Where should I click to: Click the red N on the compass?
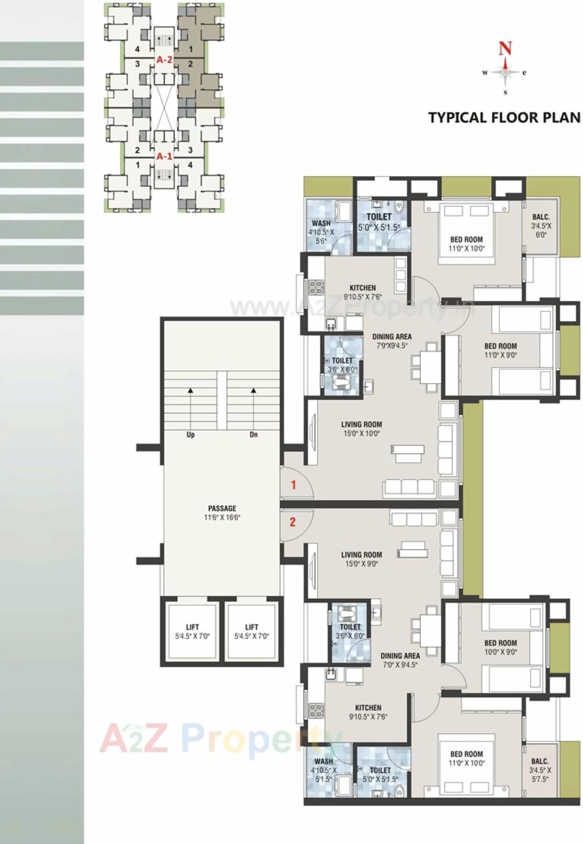click(x=505, y=48)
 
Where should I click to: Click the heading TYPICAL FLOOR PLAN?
click(x=504, y=118)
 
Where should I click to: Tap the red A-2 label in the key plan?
click(x=164, y=60)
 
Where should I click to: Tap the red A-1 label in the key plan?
click(x=164, y=156)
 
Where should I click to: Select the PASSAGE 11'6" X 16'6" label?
click(x=222, y=513)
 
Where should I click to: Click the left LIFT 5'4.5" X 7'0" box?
click(x=192, y=631)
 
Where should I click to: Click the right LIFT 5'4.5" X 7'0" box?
click(x=251, y=631)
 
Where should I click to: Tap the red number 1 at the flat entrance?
click(x=293, y=485)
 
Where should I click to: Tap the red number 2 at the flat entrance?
click(x=292, y=522)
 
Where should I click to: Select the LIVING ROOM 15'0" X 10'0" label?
click(x=361, y=429)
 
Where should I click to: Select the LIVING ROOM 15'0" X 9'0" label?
click(x=361, y=559)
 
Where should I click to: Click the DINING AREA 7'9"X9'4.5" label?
click(x=392, y=341)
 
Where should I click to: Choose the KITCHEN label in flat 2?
click(x=368, y=712)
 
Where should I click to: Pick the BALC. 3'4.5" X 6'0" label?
click(x=541, y=225)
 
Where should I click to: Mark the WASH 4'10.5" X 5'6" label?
click(x=321, y=232)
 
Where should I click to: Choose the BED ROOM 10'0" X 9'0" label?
click(x=500, y=647)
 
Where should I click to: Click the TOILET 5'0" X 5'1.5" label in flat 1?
click(x=379, y=222)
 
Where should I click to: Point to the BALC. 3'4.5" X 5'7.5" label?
click(x=540, y=770)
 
